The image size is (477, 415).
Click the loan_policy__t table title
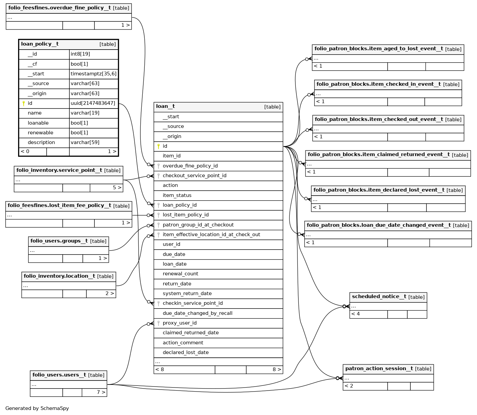tap(40, 44)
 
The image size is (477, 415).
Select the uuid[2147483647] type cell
tap(93, 103)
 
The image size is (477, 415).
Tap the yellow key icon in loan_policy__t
tap(24, 103)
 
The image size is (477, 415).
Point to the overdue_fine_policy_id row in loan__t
tap(190, 166)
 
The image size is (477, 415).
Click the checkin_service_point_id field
tap(193, 303)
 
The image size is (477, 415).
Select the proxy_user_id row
tap(180, 323)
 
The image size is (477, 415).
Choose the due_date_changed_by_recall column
tap(197, 313)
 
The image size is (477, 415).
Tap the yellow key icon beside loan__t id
tap(158, 146)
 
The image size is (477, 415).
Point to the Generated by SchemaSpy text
tap(37, 408)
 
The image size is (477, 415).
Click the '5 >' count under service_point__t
tap(117, 188)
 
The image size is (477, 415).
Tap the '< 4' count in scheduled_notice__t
tap(356, 314)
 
